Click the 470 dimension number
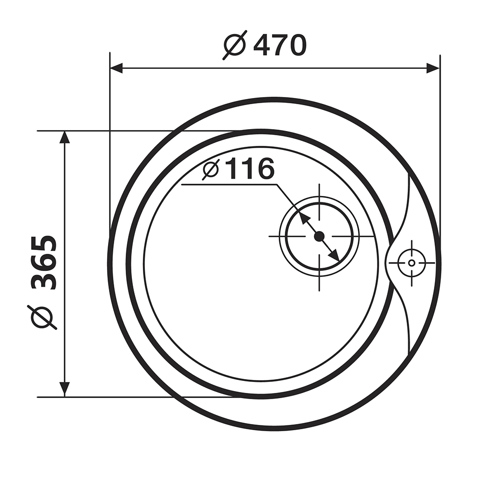[279, 45]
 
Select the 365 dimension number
[44, 262]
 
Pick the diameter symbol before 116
[211, 169]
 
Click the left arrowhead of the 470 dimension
[116, 68]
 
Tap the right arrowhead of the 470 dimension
[433, 68]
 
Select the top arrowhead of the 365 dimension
[65, 137]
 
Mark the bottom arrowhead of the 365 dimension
[65, 390]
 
